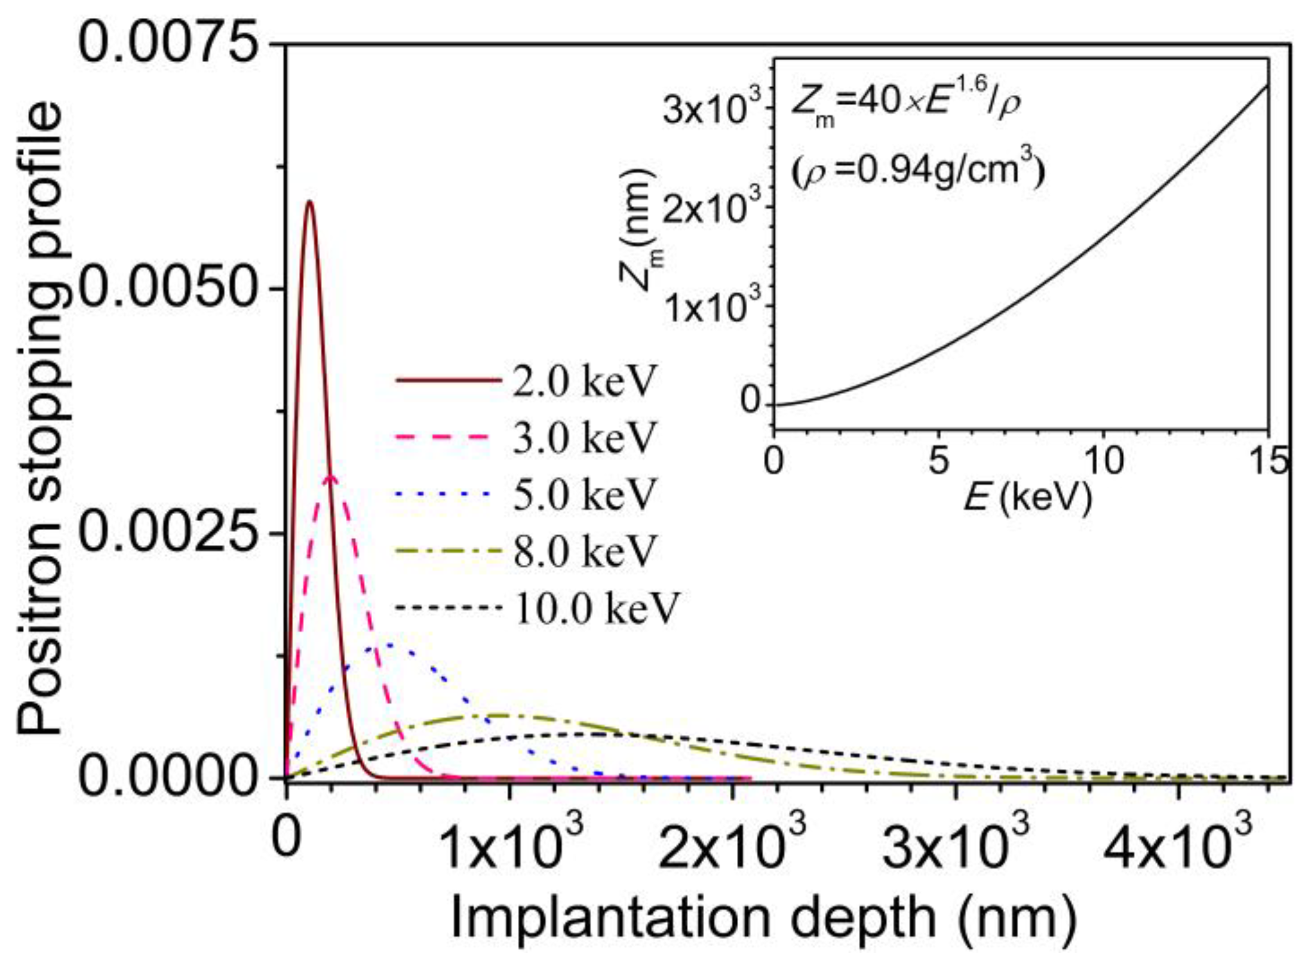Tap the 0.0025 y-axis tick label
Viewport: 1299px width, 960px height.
click(173, 533)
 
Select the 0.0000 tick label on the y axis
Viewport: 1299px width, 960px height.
click(173, 777)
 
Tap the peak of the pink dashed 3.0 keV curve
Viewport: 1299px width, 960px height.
click(332, 476)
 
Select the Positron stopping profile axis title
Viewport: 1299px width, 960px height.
click(39, 418)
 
